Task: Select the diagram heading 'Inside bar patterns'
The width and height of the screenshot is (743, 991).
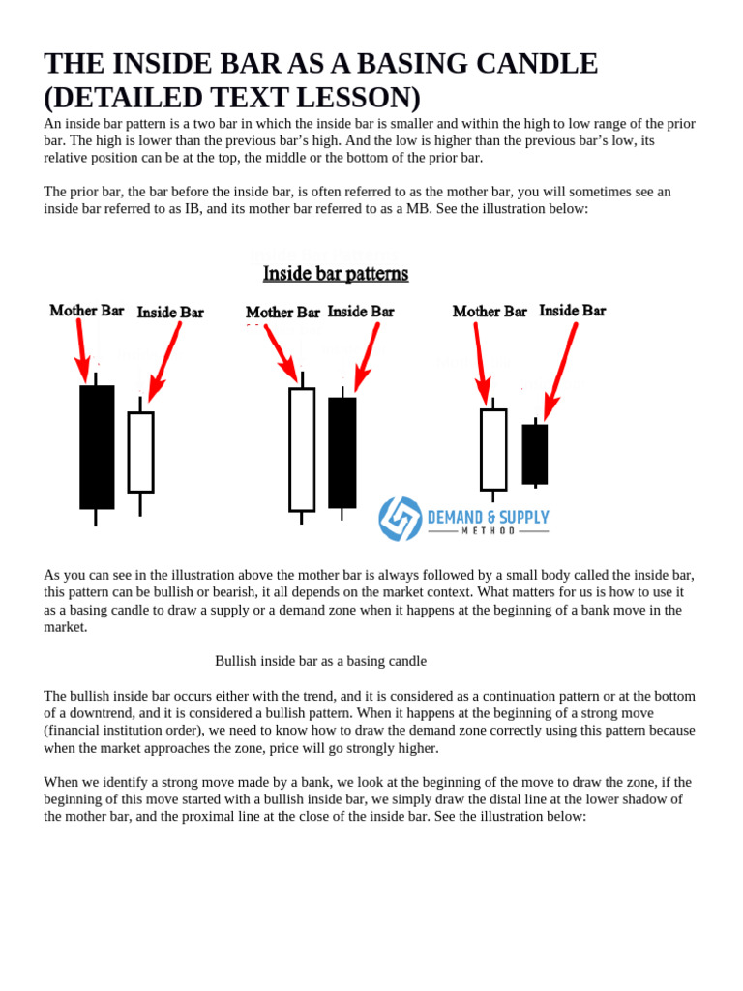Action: [336, 274]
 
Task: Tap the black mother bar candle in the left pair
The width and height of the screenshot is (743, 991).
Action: [97, 447]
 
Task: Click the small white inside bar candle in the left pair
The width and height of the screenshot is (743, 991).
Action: [140, 452]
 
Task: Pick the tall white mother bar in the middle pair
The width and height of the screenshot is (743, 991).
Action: [302, 450]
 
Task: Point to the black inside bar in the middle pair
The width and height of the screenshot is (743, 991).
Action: [342, 452]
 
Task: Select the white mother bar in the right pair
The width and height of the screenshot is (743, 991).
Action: [493, 449]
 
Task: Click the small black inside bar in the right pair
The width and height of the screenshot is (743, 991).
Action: [535, 454]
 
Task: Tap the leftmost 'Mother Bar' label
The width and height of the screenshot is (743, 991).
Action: [87, 311]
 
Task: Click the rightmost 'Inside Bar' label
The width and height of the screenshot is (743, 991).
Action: [572, 311]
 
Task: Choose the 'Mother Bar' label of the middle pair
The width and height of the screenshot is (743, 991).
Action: [282, 313]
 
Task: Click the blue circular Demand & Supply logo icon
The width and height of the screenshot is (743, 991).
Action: [400, 519]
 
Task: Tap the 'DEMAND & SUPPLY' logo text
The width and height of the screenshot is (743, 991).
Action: [489, 518]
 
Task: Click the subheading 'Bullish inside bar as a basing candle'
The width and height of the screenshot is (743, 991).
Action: [320, 661]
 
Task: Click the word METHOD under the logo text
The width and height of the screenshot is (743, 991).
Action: [489, 531]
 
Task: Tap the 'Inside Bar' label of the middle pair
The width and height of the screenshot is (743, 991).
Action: [361, 312]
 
